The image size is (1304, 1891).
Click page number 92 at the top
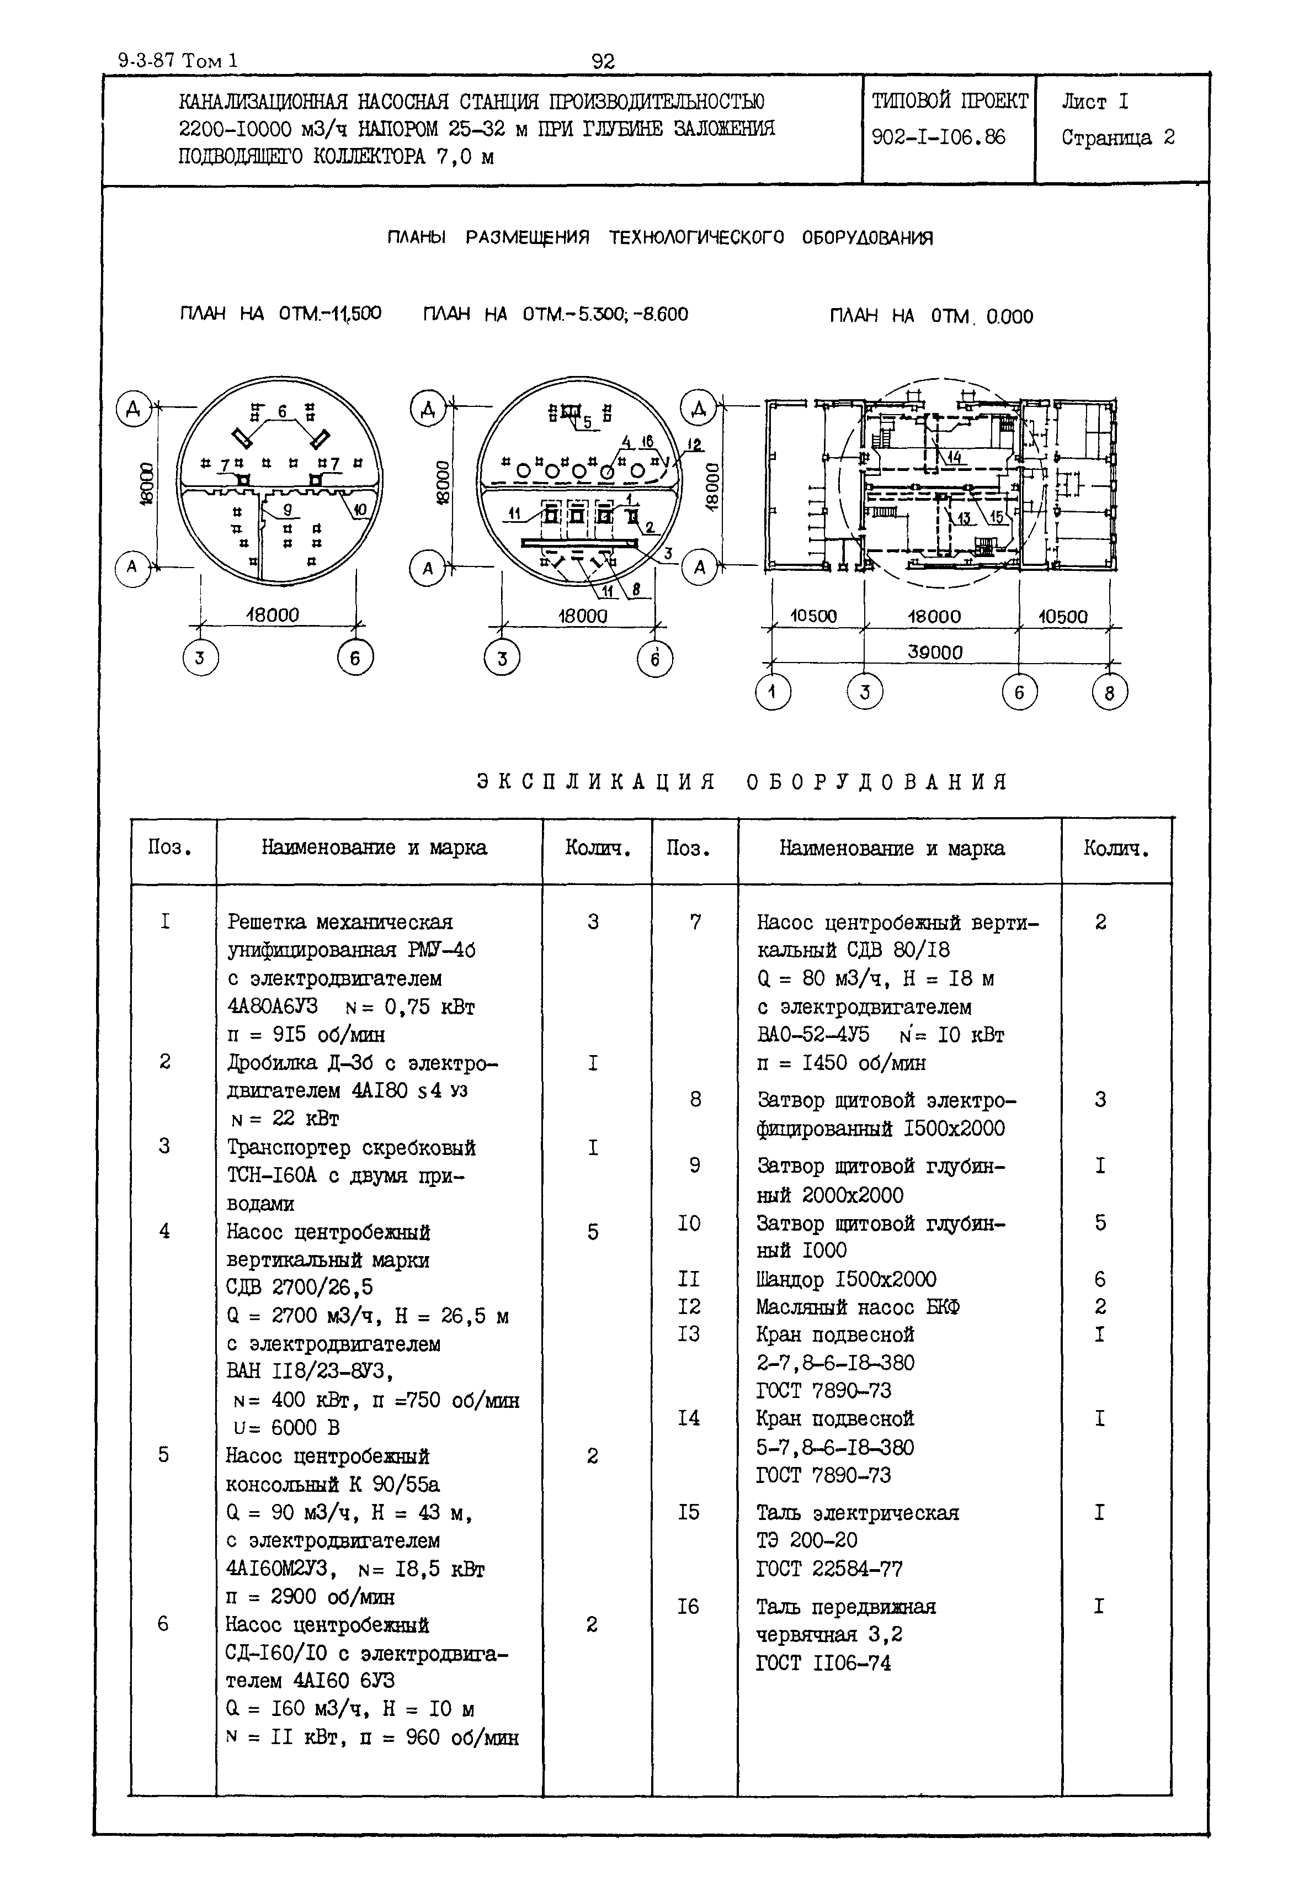pyautogui.click(x=603, y=61)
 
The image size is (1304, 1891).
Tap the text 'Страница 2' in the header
pyautogui.click(x=1117, y=137)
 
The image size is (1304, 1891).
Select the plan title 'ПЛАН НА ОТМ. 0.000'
pyautogui.click(x=932, y=316)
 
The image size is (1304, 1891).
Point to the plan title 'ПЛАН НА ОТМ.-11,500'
pyautogui.click(x=280, y=314)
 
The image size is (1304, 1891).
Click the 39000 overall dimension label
pyautogui.click(x=935, y=652)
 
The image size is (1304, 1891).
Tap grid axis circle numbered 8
pyautogui.click(x=1109, y=693)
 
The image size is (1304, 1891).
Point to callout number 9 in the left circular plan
pyautogui.click(x=288, y=511)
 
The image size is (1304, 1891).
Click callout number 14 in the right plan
pyautogui.click(x=954, y=458)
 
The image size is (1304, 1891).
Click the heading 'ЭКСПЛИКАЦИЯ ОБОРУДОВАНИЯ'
pyautogui.click(x=742, y=782)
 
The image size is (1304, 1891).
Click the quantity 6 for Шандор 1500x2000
pyautogui.click(x=1100, y=1279)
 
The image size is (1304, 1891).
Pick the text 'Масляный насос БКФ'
pyautogui.click(x=858, y=1307)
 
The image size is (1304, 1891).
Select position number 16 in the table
pyautogui.click(x=688, y=1607)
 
